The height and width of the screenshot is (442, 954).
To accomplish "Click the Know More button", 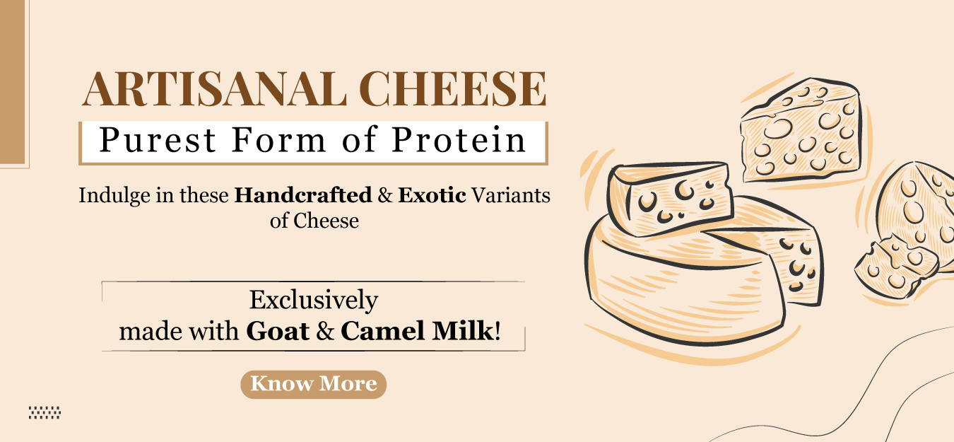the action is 314,385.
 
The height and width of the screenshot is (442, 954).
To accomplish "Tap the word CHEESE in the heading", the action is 453,89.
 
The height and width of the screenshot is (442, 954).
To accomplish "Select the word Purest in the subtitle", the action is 158,140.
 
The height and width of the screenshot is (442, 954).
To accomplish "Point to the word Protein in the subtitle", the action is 459,140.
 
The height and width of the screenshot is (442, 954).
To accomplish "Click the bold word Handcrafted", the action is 303,196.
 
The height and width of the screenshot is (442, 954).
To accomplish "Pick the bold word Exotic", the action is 432,196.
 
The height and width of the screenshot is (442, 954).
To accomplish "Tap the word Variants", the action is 511,196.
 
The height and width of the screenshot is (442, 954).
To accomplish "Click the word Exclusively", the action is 314,300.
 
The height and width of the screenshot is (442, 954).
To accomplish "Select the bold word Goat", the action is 278,331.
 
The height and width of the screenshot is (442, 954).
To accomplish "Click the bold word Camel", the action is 383,331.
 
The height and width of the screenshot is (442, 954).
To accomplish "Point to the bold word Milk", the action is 462,331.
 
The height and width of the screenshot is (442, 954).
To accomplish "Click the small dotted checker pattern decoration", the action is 45,412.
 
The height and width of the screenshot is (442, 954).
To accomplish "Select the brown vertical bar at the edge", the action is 12,82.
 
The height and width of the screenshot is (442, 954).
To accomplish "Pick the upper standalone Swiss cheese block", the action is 801,130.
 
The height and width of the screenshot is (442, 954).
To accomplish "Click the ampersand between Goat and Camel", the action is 325,332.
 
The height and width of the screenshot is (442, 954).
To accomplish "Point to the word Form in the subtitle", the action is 278,140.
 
